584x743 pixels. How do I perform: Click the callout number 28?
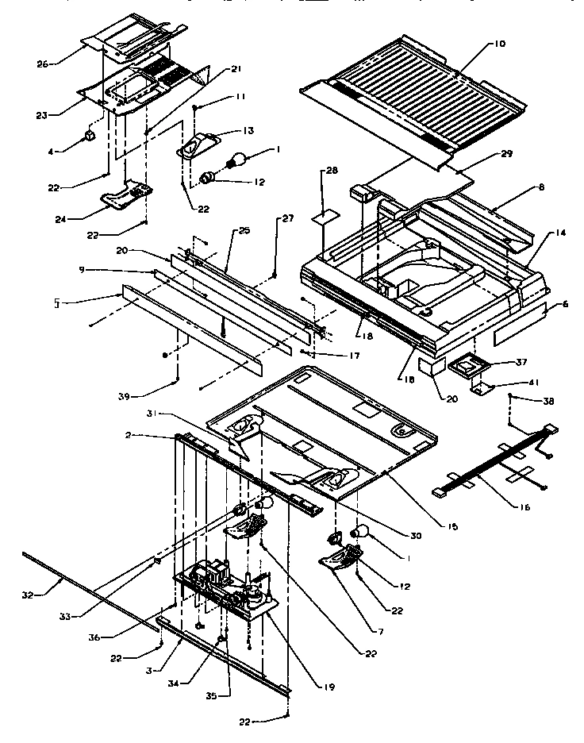331,171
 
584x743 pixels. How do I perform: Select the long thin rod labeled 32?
87,598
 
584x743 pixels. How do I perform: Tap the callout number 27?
286,220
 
